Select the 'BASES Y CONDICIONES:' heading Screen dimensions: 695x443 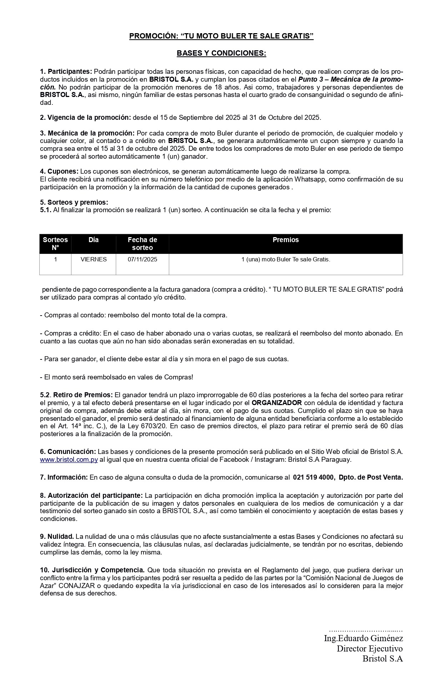tap(221, 53)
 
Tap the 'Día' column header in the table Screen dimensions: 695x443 tap(94, 240)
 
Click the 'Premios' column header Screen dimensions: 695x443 tap(286, 240)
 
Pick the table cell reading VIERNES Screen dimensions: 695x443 tap(94, 259)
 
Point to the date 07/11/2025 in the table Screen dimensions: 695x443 tap(142, 259)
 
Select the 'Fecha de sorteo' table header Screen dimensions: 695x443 tap(142, 244)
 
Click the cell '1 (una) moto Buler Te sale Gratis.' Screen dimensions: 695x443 tap(286, 259)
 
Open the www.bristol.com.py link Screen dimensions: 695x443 tap(69, 459)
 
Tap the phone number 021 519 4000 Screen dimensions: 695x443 tap(314, 477)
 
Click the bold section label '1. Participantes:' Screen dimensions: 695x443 tap(66, 71)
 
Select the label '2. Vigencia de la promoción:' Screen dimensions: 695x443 tap(85, 117)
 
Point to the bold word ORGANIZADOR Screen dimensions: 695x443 tap(277, 403)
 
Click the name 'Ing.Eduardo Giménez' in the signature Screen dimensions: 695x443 tap(363, 638)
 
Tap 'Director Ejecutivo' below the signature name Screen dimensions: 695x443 tap(369, 648)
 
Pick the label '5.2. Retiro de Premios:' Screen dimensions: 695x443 tap(76, 395)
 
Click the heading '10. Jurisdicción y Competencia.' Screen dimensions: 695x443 tap(92, 570)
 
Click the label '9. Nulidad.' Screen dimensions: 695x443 tap(57, 536)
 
